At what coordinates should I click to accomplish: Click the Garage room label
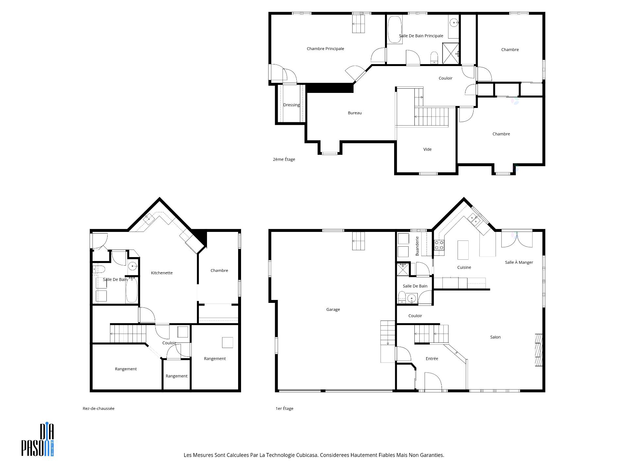point(333,309)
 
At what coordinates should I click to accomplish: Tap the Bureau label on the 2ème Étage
point(355,113)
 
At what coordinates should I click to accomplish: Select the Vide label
point(427,149)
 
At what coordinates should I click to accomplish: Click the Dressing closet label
point(291,105)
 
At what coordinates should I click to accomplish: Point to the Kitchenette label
point(162,273)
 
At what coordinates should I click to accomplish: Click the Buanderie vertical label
point(417,246)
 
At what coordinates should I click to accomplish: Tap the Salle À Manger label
point(519,262)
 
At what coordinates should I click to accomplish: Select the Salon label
point(495,337)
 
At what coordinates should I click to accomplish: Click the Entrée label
point(432,358)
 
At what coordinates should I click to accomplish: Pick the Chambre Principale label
point(325,49)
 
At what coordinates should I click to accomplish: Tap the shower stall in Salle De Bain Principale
point(450,53)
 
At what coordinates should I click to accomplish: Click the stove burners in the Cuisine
point(439,245)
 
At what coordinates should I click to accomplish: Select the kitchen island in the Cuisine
point(463,250)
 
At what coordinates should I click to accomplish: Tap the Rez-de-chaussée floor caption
point(98,409)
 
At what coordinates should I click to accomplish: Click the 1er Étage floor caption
point(284,409)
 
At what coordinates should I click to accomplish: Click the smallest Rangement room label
point(176,376)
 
